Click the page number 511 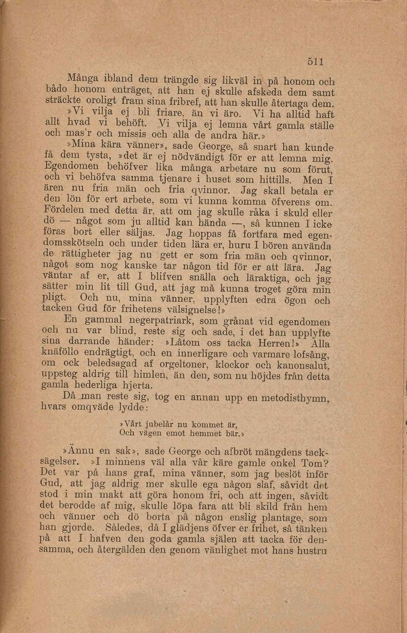click(314, 61)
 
